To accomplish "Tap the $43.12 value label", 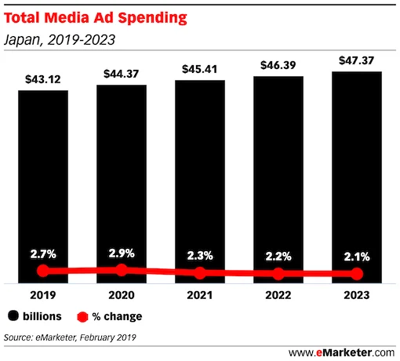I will (x=43, y=79).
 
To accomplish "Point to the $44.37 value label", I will (x=122, y=74).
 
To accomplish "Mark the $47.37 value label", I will (x=357, y=60).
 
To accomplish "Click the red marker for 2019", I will (x=43, y=271).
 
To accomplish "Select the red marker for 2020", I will (x=122, y=269).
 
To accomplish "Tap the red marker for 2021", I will (x=200, y=273).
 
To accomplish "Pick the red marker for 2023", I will (x=357, y=274).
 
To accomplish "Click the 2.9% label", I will (x=122, y=253).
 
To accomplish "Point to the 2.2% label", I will (x=278, y=256).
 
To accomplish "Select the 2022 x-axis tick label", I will (x=278, y=297).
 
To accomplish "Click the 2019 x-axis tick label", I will (x=43, y=297).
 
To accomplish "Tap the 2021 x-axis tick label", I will (x=200, y=297).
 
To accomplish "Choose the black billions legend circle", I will (x=13, y=316).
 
